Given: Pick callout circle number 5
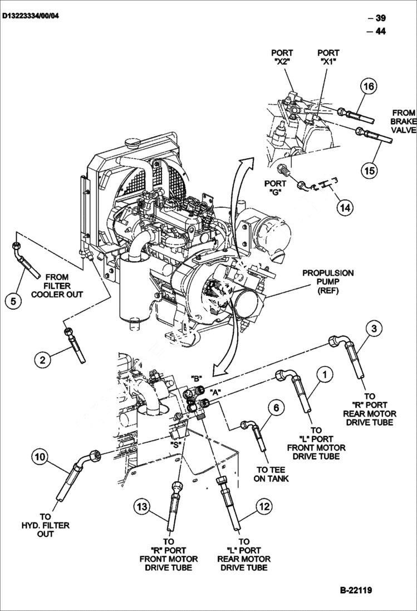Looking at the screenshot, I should (13, 301).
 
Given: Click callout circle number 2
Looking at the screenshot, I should (42, 360).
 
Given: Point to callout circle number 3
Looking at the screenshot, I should (374, 329).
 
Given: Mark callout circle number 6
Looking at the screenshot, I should (274, 408).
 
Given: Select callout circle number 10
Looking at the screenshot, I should (40, 457).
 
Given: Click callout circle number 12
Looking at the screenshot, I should (264, 506).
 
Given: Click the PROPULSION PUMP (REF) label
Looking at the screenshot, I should (328, 282).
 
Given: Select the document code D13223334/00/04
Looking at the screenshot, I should (30, 15).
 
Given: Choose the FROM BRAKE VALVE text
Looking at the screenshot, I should (403, 121).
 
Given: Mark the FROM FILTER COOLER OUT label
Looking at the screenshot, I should (64, 285).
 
